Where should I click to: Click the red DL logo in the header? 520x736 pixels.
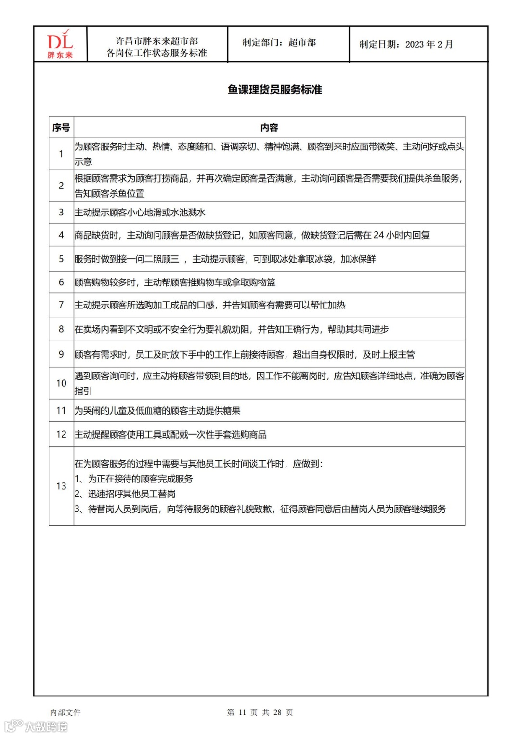(60, 44)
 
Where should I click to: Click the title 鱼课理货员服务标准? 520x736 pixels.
(274, 90)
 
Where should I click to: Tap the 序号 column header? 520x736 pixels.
(61, 128)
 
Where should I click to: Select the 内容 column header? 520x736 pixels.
(269, 128)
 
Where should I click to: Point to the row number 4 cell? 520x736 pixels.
(61, 235)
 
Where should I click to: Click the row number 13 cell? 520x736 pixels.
(61, 486)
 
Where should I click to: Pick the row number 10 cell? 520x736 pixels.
(61, 383)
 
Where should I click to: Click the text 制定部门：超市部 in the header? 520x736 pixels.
(279, 43)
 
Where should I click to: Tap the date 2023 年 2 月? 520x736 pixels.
(429, 45)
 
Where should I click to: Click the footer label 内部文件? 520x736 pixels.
(65, 712)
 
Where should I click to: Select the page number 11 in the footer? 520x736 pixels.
(242, 712)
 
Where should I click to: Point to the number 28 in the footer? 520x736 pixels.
(277, 712)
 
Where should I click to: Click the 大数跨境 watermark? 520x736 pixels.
(46, 726)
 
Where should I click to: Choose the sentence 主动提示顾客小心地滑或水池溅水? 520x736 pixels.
(140, 213)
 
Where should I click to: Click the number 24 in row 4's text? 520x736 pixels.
(378, 235)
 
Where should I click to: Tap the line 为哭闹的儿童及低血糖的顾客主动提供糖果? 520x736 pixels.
(157, 411)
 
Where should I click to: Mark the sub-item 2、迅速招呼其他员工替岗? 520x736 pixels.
(125, 494)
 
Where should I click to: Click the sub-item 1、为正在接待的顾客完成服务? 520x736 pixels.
(133, 479)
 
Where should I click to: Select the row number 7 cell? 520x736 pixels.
(61, 305)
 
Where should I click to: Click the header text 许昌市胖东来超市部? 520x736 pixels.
(156, 41)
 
